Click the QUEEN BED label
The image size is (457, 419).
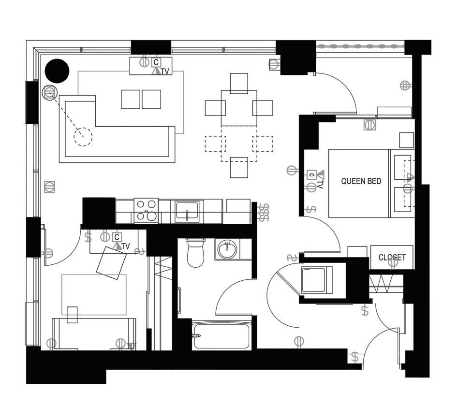[361, 182]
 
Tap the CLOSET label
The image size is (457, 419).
[392, 258]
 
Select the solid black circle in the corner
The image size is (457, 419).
[57, 71]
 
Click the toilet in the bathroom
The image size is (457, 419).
[196, 253]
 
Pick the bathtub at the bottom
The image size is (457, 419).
[221, 336]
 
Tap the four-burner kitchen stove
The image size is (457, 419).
[146, 211]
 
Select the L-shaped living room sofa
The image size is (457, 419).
[116, 140]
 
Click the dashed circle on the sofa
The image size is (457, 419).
[83, 136]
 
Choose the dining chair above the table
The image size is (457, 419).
[239, 83]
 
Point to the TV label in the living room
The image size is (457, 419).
[165, 72]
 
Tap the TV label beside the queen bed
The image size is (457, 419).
[320, 184]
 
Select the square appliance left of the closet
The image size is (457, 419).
[317, 280]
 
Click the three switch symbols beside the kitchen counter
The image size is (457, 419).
[264, 212]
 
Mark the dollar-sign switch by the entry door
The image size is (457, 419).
[355, 358]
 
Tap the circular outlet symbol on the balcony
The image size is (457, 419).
[405, 86]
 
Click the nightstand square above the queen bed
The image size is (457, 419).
[406, 140]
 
